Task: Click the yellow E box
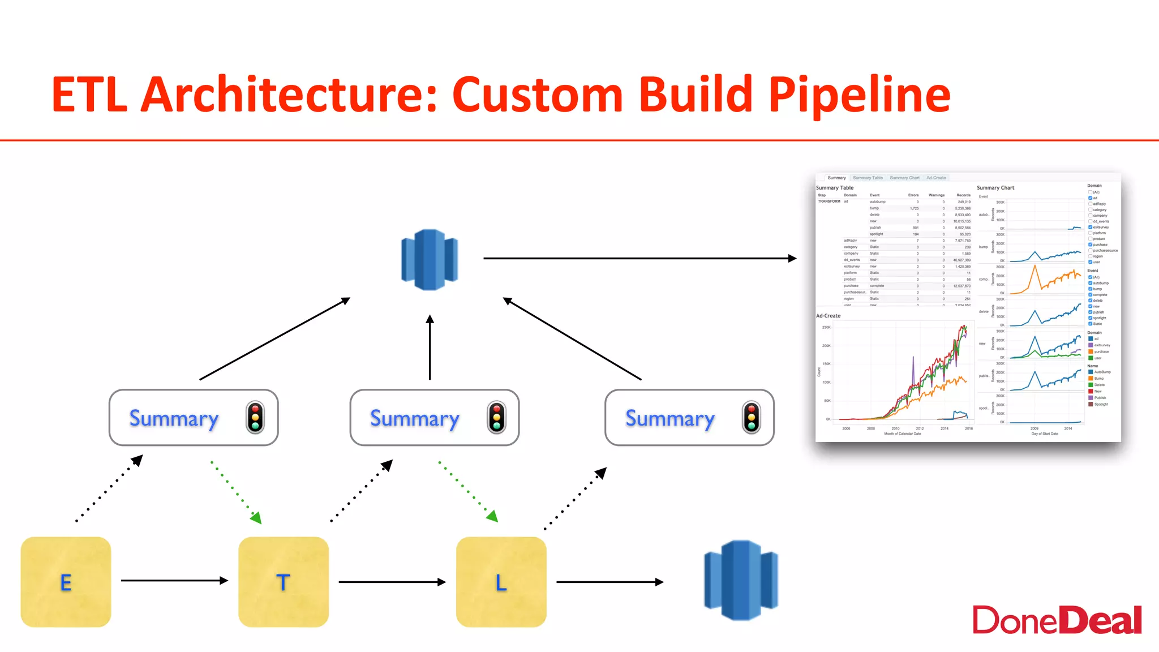click(x=66, y=582)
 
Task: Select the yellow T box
click(x=283, y=582)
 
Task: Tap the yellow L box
click(x=501, y=582)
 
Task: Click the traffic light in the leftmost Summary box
click(x=255, y=418)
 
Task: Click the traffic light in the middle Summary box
click(x=496, y=418)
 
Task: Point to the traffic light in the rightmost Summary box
click(x=752, y=418)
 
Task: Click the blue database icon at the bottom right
click(x=741, y=580)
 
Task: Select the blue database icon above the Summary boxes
click(x=430, y=259)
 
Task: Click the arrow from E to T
click(x=174, y=580)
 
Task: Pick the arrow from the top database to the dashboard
click(x=639, y=258)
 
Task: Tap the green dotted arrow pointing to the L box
click(x=467, y=490)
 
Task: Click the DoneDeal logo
click(x=1057, y=620)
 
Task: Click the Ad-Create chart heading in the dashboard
click(x=828, y=316)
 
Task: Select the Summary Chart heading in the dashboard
click(x=995, y=188)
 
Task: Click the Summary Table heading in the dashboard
click(x=834, y=188)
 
